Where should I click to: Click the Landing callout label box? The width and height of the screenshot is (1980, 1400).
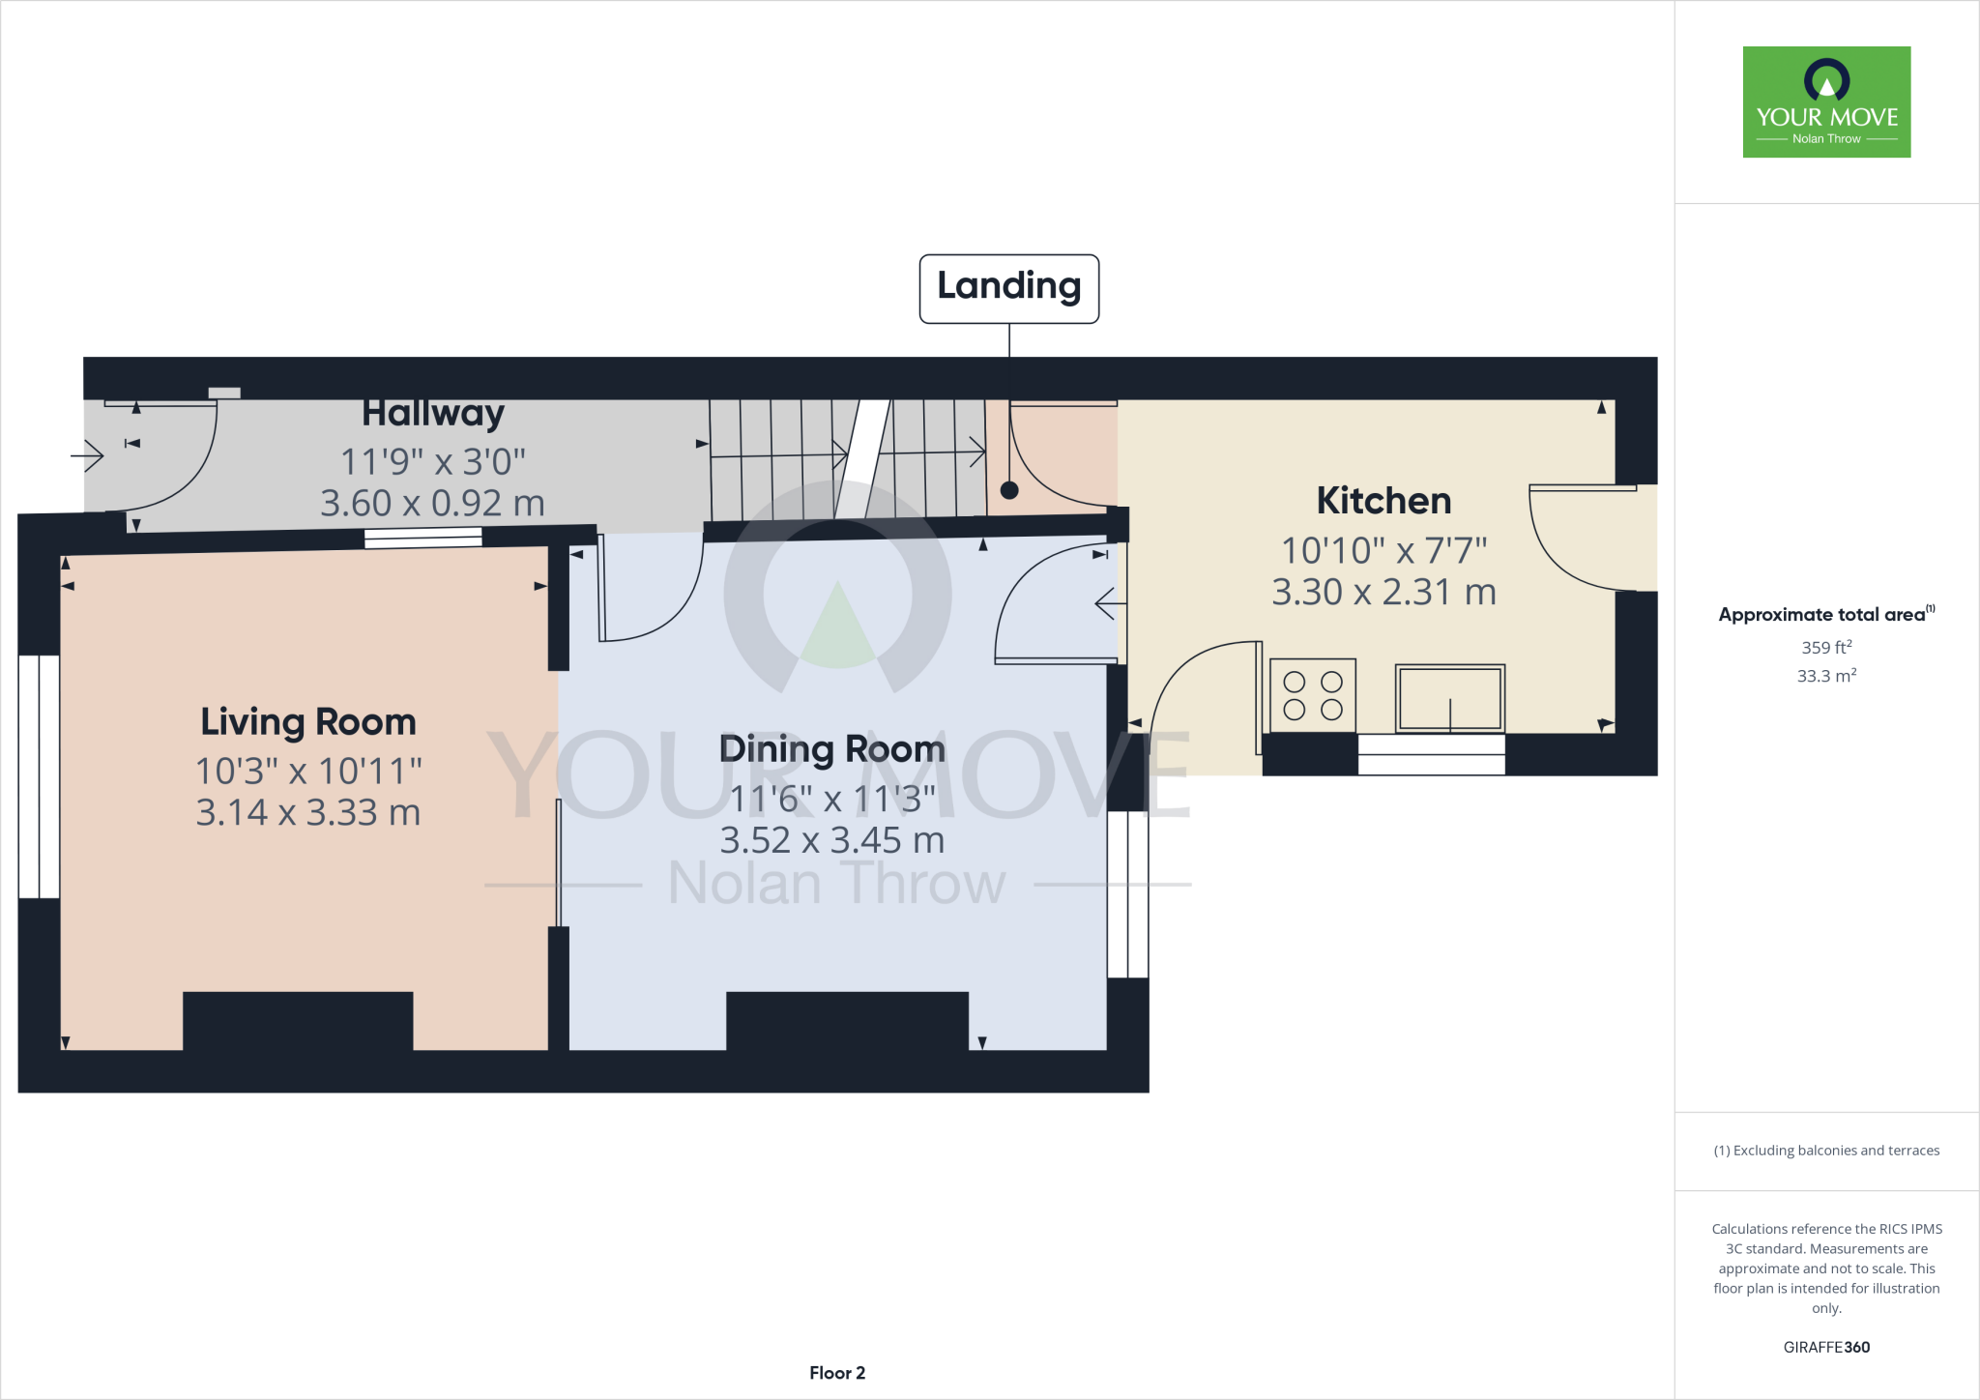[x=1008, y=288]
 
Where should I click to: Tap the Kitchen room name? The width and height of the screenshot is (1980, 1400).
[x=1383, y=501]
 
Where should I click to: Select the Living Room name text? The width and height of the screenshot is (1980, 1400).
[x=307, y=722]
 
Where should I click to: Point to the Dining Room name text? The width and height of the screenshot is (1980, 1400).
[x=831, y=749]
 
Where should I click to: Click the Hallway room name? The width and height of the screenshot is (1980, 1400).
[x=433, y=414]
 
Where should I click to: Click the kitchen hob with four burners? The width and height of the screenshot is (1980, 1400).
[x=1312, y=695]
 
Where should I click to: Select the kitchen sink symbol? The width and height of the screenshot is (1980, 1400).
[x=1449, y=697]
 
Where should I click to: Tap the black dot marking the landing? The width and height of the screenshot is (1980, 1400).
[x=1009, y=490]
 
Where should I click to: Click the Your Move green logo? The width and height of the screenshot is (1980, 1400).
[x=1826, y=102]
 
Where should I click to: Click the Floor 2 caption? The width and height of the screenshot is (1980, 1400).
[x=837, y=1373]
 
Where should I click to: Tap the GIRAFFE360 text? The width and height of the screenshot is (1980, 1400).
[x=1826, y=1347]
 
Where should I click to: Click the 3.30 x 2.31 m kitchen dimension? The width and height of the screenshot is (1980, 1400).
[x=1383, y=592]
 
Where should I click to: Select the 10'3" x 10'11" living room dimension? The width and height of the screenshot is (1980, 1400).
[x=307, y=772]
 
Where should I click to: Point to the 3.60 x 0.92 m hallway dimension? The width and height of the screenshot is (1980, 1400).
[x=433, y=504]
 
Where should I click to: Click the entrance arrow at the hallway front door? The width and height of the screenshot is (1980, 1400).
[x=87, y=454]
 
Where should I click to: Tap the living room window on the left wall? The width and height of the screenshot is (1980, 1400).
[x=39, y=776]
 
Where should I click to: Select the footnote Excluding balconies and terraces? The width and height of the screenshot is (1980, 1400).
[x=1826, y=1151]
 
